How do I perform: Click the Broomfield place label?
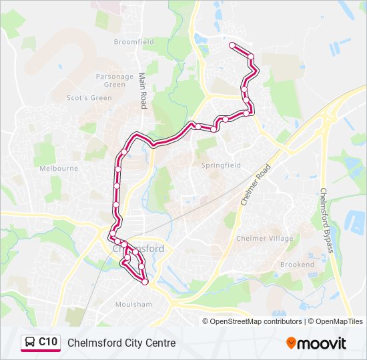pyautogui.click(x=133, y=42)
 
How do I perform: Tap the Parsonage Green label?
pyautogui.click(x=115, y=81)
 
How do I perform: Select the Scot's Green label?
pyautogui.click(x=89, y=98)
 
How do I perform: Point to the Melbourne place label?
pyautogui.click(x=59, y=169)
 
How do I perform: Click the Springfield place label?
pyautogui.click(x=220, y=165)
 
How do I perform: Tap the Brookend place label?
pyautogui.click(x=297, y=265)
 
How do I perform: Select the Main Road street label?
pyautogui.click(x=142, y=91)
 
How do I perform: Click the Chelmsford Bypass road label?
pyautogui.click(x=326, y=220)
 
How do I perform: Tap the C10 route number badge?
pyautogui.click(x=48, y=342)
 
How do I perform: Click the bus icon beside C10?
pyautogui.click(x=31, y=343)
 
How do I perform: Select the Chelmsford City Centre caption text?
pyautogui.click(x=121, y=343)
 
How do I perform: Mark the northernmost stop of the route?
pyautogui.click(x=232, y=45)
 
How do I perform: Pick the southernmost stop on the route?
pyautogui.click(x=145, y=282)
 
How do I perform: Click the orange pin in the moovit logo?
pyautogui.click(x=292, y=343)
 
